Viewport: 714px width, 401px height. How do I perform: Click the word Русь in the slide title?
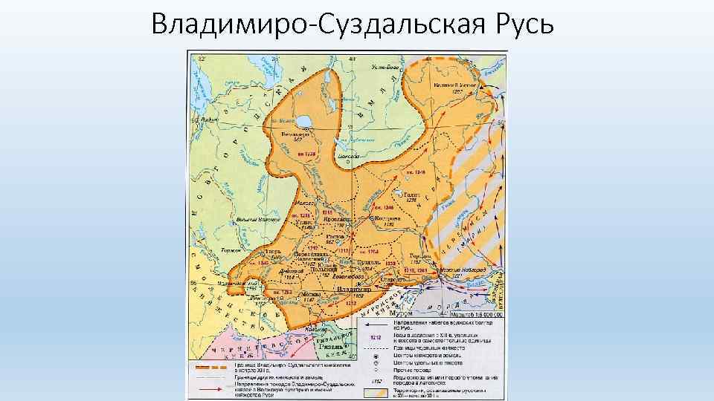(521, 24)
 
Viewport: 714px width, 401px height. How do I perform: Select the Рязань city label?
(331, 347)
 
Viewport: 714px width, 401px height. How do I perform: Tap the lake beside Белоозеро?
(304, 120)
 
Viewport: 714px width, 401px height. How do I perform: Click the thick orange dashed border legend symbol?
(213, 368)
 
